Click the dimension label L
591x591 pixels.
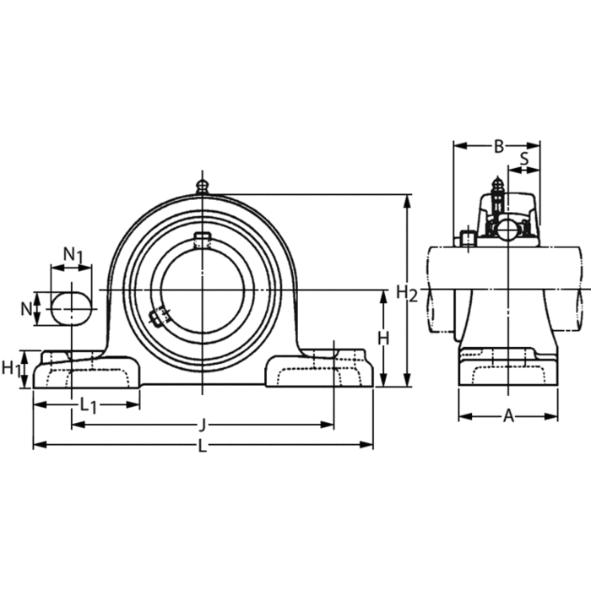pyautogui.click(x=202, y=447)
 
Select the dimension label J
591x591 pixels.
pyautogui.click(x=202, y=426)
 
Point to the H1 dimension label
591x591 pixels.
pyautogui.click(x=11, y=367)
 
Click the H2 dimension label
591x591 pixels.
pyautogui.click(x=407, y=294)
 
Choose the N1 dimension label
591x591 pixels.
pyautogui.click(x=73, y=254)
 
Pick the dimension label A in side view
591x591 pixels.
pyautogui.click(x=508, y=415)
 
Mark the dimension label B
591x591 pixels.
pyautogui.click(x=499, y=146)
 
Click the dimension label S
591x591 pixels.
pyautogui.click(x=524, y=158)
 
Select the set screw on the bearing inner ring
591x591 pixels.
pyautogui.click(x=156, y=317)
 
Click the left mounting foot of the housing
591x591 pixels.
pyautogui.click(x=84, y=371)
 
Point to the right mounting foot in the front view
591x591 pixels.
pyautogui.click(x=321, y=371)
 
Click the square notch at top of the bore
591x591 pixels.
pyautogui.click(x=202, y=240)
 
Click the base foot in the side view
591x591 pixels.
pyautogui.click(x=508, y=371)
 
